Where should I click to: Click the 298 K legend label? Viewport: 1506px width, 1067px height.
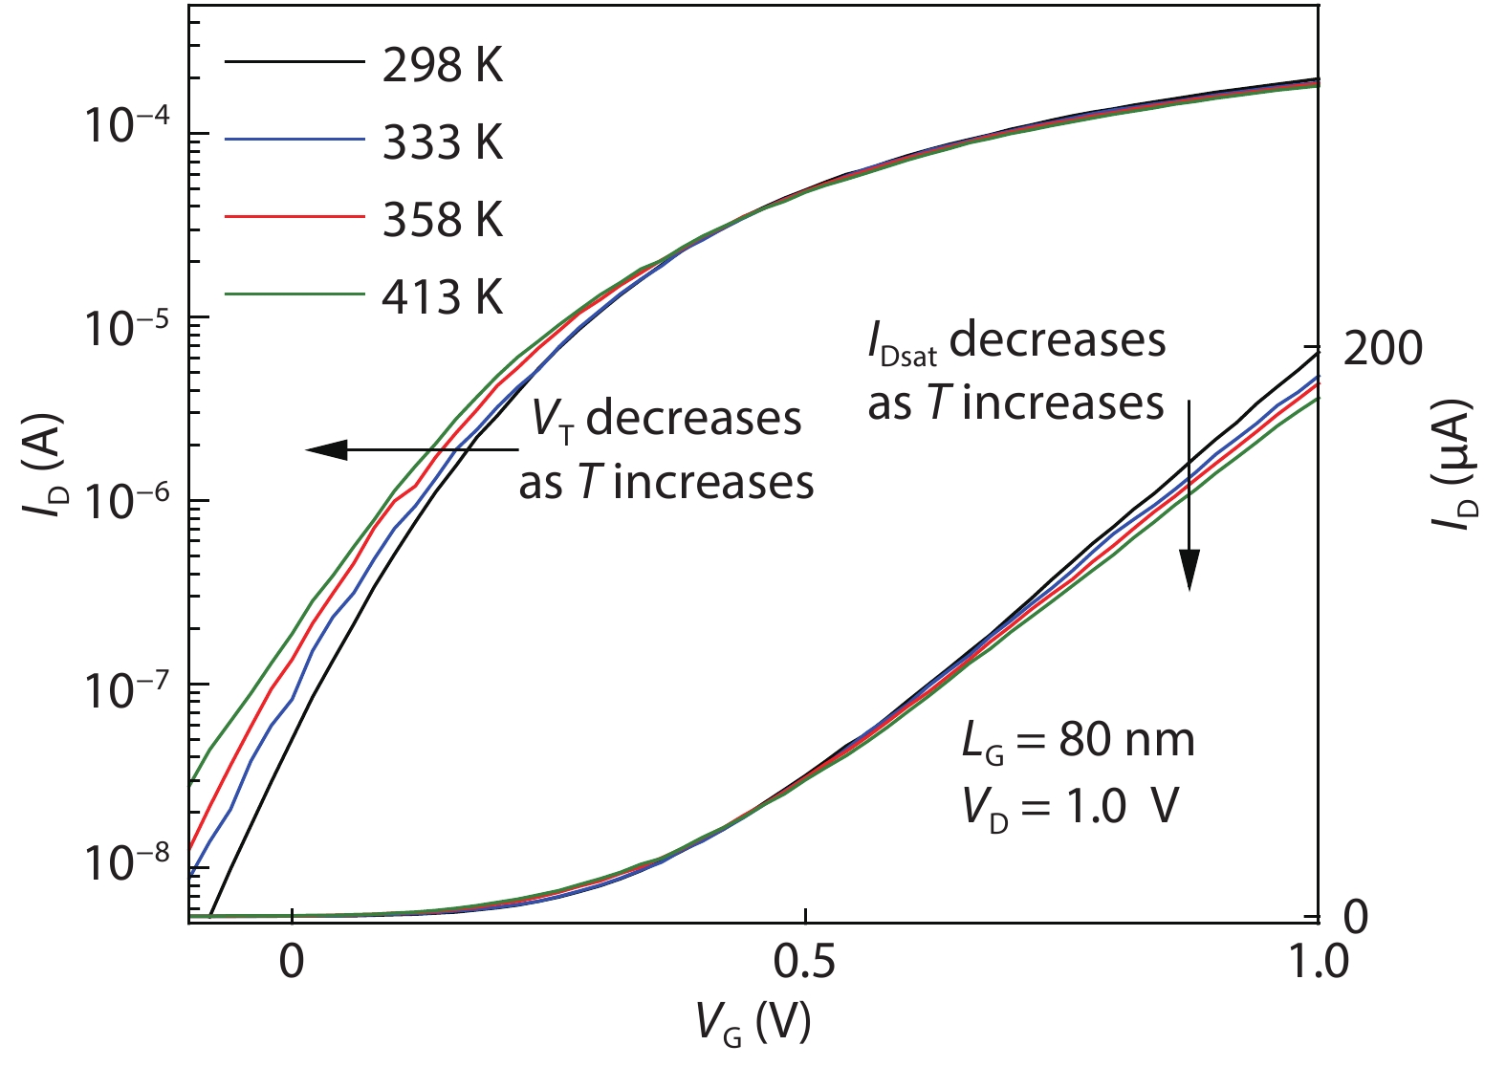(x=442, y=65)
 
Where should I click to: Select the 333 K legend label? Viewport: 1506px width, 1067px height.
(x=442, y=142)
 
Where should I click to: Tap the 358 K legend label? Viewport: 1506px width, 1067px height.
(x=442, y=220)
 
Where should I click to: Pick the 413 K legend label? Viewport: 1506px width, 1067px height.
(x=442, y=297)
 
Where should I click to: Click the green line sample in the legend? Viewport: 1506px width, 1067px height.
(x=295, y=295)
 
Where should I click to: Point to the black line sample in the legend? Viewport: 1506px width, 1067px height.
(x=295, y=62)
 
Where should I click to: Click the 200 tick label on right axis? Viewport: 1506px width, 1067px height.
(x=1383, y=349)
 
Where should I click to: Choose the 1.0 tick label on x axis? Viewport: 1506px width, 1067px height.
(x=1317, y=961)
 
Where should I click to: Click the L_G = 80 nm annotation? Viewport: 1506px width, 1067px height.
(x=1078, y=741)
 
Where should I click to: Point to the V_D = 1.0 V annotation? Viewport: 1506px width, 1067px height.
(x=1070, y=808)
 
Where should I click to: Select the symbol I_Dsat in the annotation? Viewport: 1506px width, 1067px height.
(x=902, y=344)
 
